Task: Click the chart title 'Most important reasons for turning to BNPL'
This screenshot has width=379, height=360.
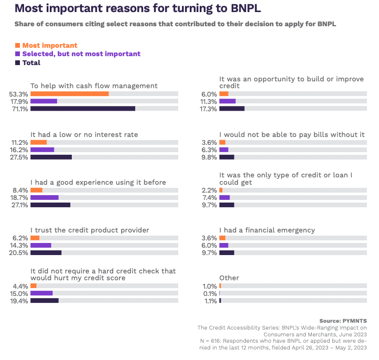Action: [x=137, y=9]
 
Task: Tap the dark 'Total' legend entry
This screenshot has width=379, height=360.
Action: [x=31, y=62]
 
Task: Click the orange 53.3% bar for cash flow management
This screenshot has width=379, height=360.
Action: [x=69, y=94]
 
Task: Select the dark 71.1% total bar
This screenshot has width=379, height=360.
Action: [x=83, y=109]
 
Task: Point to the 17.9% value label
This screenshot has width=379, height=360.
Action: [x=18, y=101]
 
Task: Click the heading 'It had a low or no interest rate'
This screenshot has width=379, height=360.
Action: [x=84, y=135]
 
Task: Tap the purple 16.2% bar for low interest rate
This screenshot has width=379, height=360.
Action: [x=42, y=150]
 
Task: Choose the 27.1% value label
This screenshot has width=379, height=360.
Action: [x=18, y=205]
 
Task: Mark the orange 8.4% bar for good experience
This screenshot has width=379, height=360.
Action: [x=36, y=190]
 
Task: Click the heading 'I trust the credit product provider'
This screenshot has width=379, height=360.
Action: [x=90, y=230]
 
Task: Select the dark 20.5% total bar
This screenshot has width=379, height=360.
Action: [x=46, y=252]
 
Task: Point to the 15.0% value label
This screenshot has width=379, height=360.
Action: [x=18, y=293]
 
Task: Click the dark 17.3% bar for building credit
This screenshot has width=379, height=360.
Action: [x=232, y=109]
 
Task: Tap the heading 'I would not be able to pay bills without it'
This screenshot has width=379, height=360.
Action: [x=291, y=135]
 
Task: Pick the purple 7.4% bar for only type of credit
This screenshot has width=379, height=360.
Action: [x=224, y=197]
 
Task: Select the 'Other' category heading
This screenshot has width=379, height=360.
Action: [x=229, y=278]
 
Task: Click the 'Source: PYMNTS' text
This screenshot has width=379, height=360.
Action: [x=343, y=321]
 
